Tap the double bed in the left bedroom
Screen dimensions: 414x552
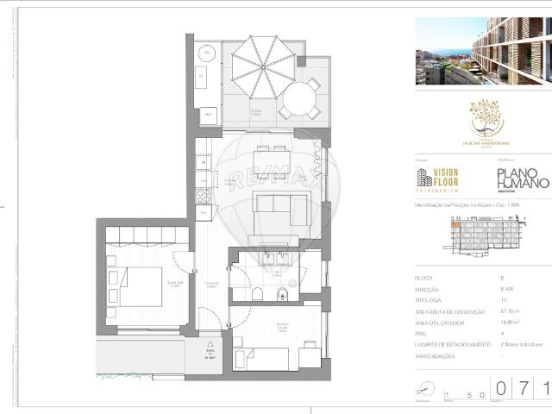pos(137,285)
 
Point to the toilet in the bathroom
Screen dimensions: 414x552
pos(257,294)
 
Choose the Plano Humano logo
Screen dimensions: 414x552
pos(523,179)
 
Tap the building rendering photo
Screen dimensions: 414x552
pos(481,52)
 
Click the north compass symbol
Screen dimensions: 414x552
pos(422,387)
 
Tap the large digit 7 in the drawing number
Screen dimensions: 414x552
pos(522,390)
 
